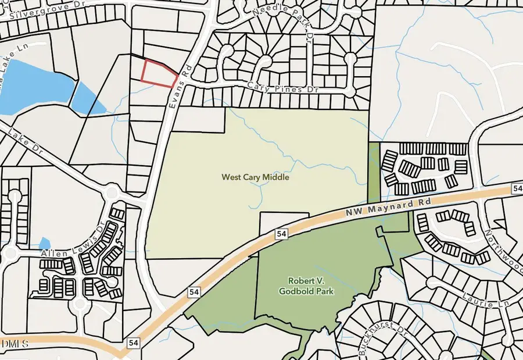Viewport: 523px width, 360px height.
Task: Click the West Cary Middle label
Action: (255, 177)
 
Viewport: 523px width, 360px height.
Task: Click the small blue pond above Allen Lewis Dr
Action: (45, 243)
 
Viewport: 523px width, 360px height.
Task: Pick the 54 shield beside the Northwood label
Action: (517, 188)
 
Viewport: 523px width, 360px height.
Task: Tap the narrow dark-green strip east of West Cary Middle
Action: (374, 169)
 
